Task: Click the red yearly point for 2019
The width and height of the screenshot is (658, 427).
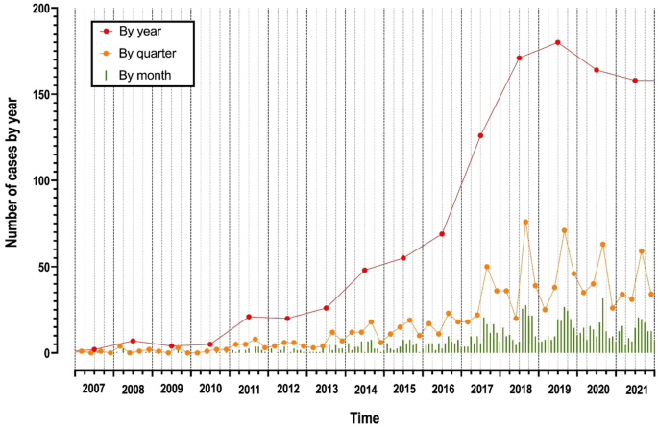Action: point(557,42)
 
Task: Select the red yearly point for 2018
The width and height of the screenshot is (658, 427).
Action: point(519,58)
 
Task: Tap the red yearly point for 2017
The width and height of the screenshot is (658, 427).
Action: point(480,135)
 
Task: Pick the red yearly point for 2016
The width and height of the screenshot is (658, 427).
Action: point(442,234)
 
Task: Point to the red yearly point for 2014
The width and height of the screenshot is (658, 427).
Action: point(365,270)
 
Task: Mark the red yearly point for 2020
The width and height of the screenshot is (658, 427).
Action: point(597,70)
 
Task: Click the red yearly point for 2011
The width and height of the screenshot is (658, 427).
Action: point(249,317)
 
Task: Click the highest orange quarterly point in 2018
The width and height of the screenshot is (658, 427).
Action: point(525,222)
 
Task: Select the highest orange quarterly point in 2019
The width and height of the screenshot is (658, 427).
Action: point(564,230)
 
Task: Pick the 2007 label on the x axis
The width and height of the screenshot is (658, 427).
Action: point(93,390)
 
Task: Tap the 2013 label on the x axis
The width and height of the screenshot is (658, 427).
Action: point(326,390)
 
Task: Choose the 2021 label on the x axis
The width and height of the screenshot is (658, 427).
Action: point(635,390)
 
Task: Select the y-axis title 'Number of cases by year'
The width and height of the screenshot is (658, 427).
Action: point(13,180)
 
